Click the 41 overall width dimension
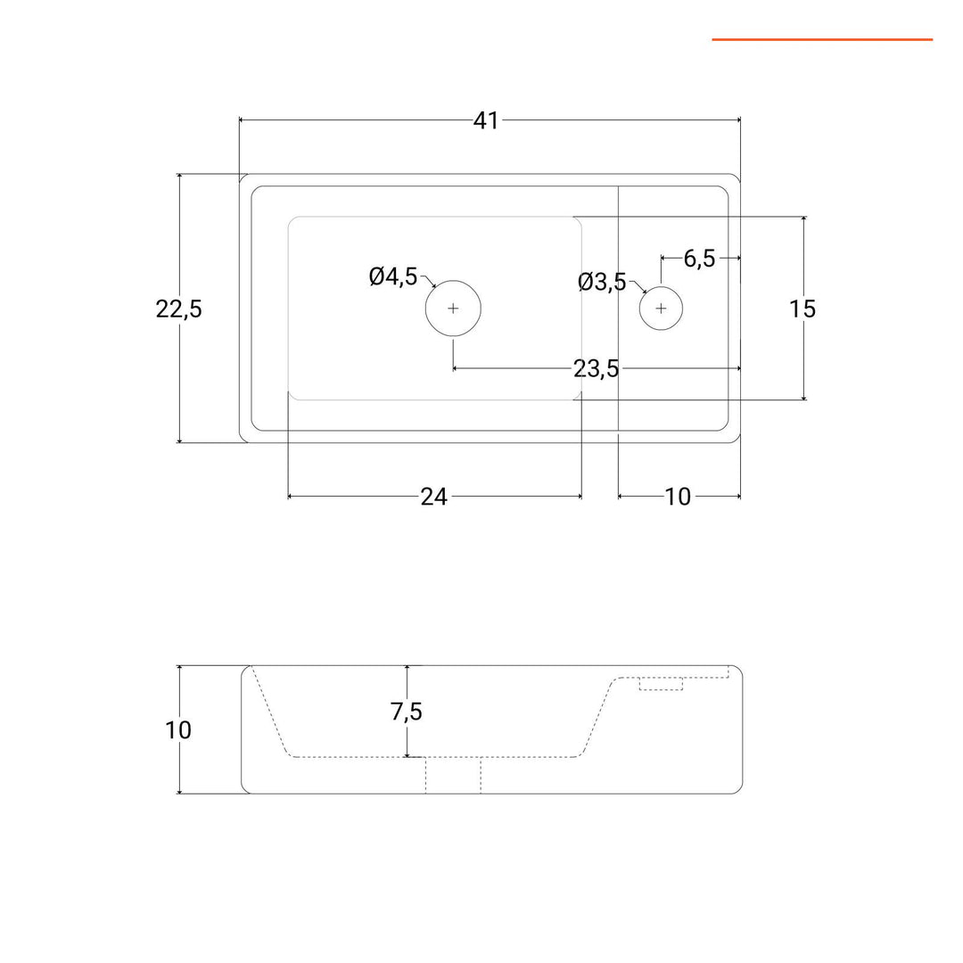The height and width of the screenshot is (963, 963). [x=486, y=121]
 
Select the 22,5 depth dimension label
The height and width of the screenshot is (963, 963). [x=178, y=309]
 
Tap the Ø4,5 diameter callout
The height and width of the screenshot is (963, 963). [x=393, y=277]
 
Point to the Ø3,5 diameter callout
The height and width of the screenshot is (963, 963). [x=602, y=283]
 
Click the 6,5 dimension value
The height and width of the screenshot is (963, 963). [x=700, y=259]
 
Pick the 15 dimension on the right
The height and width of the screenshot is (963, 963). [x=802, y=309]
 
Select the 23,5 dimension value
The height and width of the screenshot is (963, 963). [x=597, y=369]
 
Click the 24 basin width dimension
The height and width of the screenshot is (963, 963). [x=434, y=497]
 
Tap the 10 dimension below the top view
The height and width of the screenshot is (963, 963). [x=678, y=497]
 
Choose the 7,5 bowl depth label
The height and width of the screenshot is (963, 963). [x=407, y=712]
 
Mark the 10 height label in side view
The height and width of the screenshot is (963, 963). [x=178, y=730]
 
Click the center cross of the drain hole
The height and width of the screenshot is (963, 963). [x=453, y=309]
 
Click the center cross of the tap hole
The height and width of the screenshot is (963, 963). [x=661, y=309]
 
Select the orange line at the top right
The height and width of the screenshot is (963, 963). [x=822, y=40]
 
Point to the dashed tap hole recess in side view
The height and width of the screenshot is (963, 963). [x=661, y=684]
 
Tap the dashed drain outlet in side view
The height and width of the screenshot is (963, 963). [x=453, y=775]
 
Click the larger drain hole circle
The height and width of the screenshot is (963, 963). [x=453, y=281]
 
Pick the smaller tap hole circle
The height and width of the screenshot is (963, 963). [x=661, y=286]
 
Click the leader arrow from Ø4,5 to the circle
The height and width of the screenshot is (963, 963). [x=427, y=282]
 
